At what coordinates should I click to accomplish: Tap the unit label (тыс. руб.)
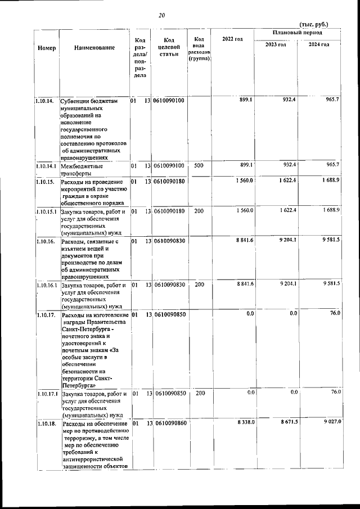click(314, 24)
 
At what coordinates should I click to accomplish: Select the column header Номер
click(46, 48)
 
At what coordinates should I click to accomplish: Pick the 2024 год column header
click(318, 45)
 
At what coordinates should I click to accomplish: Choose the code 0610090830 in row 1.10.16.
click(170, 241)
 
